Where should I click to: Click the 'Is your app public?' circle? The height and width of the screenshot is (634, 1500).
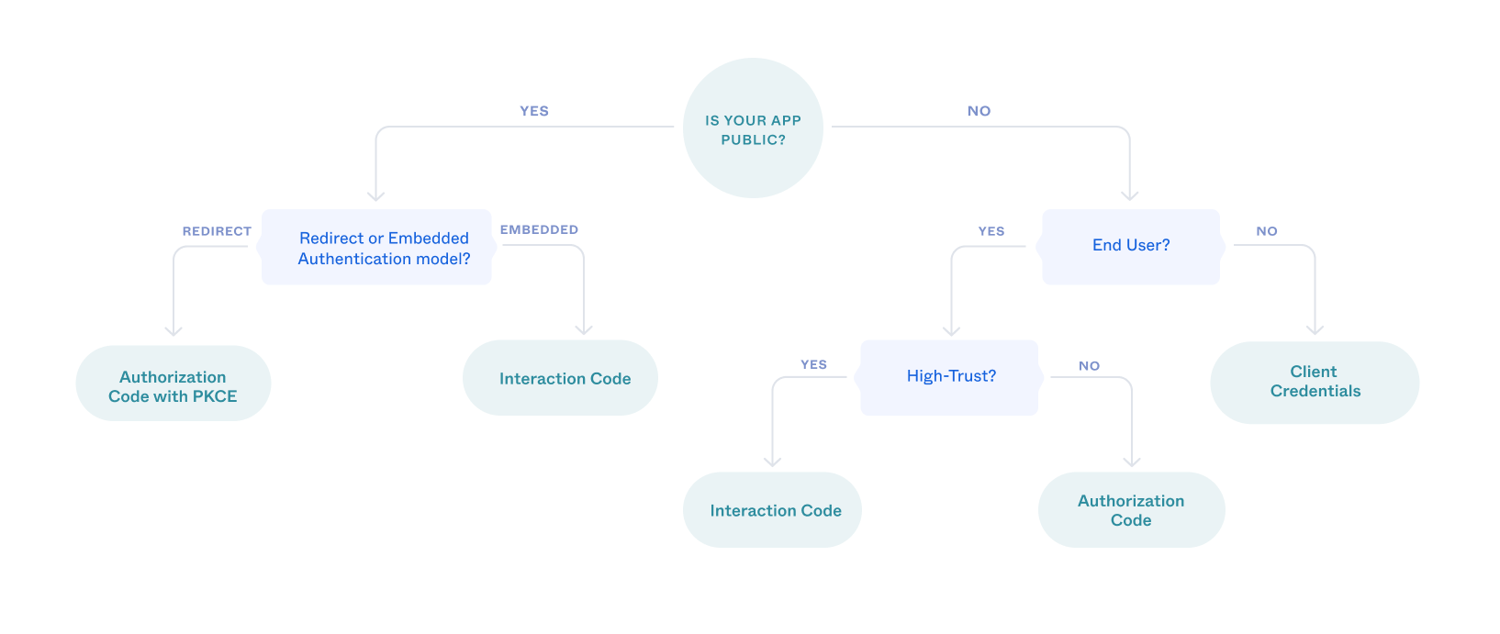pyautogui.click(x=753, y=128)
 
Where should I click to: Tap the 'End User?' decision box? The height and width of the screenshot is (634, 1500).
pyautogui.click(x=1130, y=246)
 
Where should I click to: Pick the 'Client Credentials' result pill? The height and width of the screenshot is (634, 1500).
pyautogui.click(x=1315, y=382)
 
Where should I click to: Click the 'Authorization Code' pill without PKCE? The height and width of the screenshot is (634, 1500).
pyautogui.click(x=1131, y=510)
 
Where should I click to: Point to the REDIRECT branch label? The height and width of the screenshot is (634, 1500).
pyautogui.click(x=217, y=231)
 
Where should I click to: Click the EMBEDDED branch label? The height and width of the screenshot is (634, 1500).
pyautogui.click(x=539, y=229)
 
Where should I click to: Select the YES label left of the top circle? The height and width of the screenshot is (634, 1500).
pyautogui.click(x=534, y=111)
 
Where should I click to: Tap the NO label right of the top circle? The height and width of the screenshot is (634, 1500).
pyautogui.click(x=979, y=111)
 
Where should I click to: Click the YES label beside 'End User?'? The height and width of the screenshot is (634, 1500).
pyautogui.click(x=991, y=231)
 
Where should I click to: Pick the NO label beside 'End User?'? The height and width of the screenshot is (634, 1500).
pyautogui.click(x=1267, y=231)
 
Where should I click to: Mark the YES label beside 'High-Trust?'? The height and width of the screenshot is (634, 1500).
pyautogui.click(x=813, y=364)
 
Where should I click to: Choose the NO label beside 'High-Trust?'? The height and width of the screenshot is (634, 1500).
pyautogui.click(x=1089, y=365)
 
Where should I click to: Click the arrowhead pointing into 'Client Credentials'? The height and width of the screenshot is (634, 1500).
pyautogui.click(x=1315, y=328)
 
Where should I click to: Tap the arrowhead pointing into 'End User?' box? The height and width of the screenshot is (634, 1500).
pyautogui.click(x=1129, y=195)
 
